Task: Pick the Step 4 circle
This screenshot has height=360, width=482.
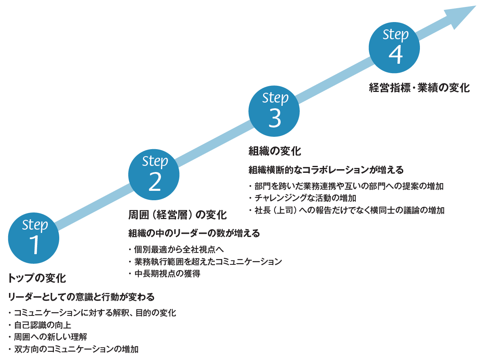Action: pyautogui.click(x=394, y=48)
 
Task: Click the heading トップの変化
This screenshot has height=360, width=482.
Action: pyautogui.click(x=37, y=279)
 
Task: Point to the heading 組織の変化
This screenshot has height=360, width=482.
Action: pyautogui.click(x=274, y=152)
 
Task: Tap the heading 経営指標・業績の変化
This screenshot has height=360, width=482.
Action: pyautogui.click(x=419, y=88)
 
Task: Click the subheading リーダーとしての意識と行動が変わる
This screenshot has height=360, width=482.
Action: pyautogui.click(x=81, y=297)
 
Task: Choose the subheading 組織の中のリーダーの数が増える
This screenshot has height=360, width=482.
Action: pyautogui.click(x=194, y=233)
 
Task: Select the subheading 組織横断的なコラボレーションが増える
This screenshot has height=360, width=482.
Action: pyautogui.click(x=326, y=170)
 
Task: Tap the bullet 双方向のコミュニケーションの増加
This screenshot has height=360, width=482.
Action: pyautogui.click(x=76, y=349)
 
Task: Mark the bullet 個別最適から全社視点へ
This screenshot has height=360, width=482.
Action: pyautogui.click(x=178, y=249)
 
